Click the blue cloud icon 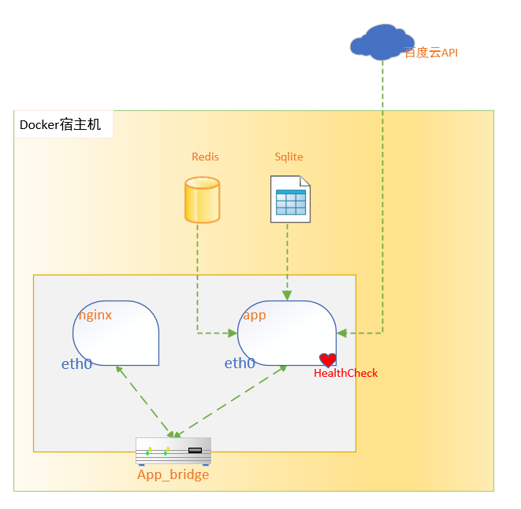381,42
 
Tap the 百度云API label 430,53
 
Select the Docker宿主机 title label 61,124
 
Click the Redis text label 205,157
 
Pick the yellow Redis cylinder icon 202,200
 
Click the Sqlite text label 288,157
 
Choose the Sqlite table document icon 289,199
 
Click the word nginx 95,315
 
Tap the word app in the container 255,315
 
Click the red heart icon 328,360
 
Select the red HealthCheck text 345,373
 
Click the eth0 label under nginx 76,364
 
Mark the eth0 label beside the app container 240,363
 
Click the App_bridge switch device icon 173,451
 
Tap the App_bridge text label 173,474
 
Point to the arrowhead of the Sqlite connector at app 287,295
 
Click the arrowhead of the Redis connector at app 233,333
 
